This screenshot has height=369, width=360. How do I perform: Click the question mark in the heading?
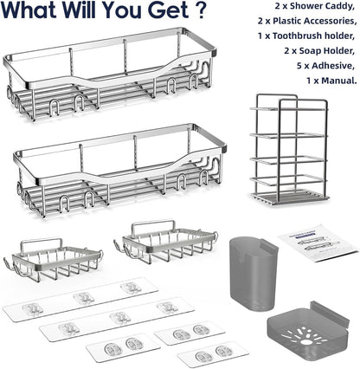(x=200, y=10)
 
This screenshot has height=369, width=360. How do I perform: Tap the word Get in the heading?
(x=168, y=10)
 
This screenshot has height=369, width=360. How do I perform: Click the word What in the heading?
(x=29, y=10)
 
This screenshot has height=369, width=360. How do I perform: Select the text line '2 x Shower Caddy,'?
(x=315, y=6)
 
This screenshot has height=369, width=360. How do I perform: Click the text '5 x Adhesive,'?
(x=325, y=66)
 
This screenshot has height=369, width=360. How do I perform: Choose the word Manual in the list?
(x=339, y=81)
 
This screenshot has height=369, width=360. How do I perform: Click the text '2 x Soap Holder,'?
(x=319, y=51)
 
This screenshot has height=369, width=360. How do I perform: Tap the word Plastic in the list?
(x=291, y=21)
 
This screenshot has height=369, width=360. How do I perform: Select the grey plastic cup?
(x=253, y=273)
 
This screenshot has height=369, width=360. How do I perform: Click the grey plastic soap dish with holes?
(x=307, y=332)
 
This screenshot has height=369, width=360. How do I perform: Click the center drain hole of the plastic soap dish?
(x=305, y=342)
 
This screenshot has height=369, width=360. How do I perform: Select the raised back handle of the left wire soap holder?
(x=42, y=242)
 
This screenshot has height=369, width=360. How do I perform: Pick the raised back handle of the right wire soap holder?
(x=153, y=223)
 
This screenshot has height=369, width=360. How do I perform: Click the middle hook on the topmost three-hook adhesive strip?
(x=84, y=297)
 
